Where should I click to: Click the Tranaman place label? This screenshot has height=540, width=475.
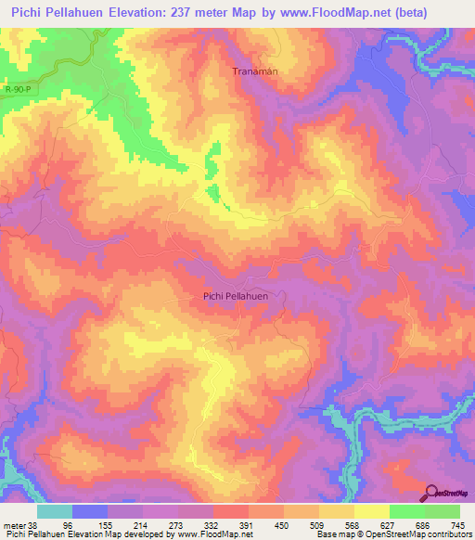tap(254, 71)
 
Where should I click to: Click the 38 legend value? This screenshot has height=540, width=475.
tap(35, 525)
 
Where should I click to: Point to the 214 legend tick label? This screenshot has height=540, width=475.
tap(142, 525)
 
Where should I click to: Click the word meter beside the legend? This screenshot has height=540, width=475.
tap(15, 525)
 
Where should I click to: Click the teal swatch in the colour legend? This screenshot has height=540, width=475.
tap(55, 511)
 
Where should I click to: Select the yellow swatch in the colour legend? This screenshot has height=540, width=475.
tap(372, 511)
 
